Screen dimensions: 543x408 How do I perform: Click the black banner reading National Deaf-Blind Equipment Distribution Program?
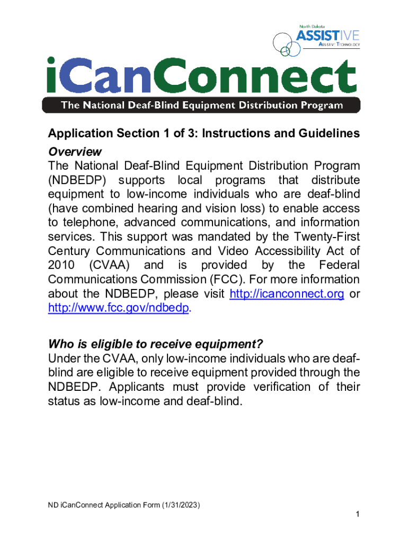pyautogui.click(x=201, y=104)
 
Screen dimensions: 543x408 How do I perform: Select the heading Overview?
pyautogui.click(x=75, y=152)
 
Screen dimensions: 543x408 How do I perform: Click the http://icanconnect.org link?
pyautogui.click(x=287, y=294)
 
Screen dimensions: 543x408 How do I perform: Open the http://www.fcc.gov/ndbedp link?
pyautogui.click(x=118, y=308)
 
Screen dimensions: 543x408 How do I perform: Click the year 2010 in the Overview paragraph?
pyautogui.click(x=62, y=265)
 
